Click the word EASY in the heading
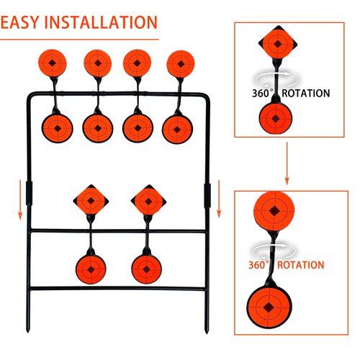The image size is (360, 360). coord(19,22)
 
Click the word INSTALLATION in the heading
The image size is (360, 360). coord(101,22)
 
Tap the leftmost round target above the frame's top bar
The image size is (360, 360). coord(53,63)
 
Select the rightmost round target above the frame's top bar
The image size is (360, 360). coord(181,64)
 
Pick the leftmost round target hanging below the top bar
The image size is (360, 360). coord(58,128)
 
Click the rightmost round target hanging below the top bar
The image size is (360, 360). coord(177,130)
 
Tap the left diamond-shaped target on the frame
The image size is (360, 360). coord(91,201)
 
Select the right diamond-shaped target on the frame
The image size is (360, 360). coord(148,201)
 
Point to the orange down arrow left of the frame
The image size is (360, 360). coord(20,199)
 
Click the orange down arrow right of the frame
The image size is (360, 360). coord(219,199)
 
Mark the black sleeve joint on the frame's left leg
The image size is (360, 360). coord(29,194)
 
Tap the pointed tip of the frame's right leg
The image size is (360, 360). coord(207,333)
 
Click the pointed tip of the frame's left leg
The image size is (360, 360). coord(28,332)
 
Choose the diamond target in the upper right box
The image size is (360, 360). coord(278,43)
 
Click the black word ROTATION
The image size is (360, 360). coord(306,94)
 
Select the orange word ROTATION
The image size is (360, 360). coord(301,265)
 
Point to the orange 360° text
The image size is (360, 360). coord(258,265)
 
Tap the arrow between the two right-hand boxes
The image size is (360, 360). coord(287,163)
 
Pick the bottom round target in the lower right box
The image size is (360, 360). coord(269,307)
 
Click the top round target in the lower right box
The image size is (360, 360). coord(274,211)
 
